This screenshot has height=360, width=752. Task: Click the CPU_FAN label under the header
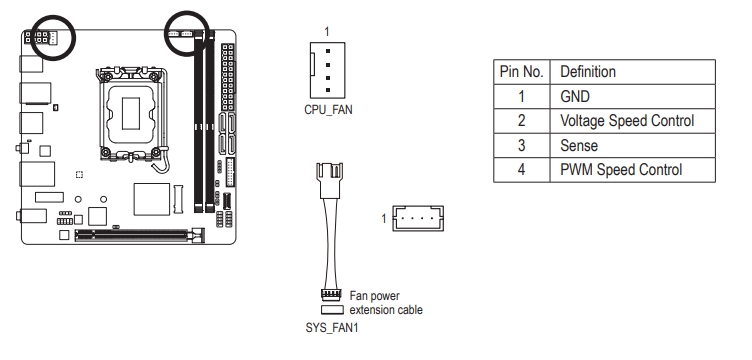click(x=328, y=110)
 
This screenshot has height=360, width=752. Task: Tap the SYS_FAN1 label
click(x=332, y=328)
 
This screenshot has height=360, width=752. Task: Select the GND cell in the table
click(x=575, y=97)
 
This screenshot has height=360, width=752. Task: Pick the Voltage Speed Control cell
click(x=627, y=121)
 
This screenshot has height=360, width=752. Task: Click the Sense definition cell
click(x=579, y=145)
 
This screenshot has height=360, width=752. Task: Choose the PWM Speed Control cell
click(x=621, y=170)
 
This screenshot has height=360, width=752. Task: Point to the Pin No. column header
click(x=522, y=72)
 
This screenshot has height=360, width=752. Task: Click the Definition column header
click(x=588, y=72)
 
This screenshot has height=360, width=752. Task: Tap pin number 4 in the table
click(x=521, y=170)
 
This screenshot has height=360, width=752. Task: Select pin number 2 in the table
click(x=521, y=121)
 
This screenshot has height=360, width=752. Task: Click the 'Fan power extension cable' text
click(x=386, y=302)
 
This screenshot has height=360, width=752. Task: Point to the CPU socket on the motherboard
click(x=131, y=114)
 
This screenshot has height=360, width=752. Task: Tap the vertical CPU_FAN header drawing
click(x=327, y=70)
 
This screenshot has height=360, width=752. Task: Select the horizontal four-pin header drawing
click(x=418, y=219)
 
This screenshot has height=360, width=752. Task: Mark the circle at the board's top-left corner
click(x=53, y=37)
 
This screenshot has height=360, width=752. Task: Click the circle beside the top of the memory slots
click(x=187, y=33)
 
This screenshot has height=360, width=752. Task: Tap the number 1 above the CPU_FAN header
click(x=327, y=32)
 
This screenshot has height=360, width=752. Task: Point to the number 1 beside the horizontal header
click(x=384, y=219)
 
